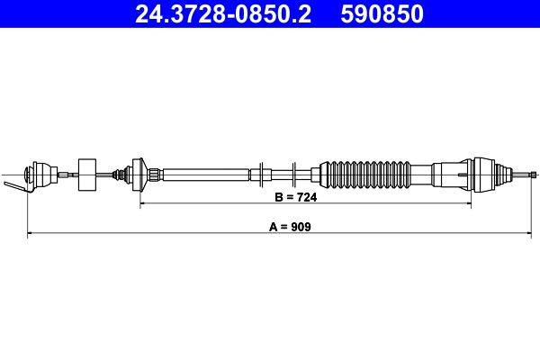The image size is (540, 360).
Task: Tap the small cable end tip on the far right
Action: tap(533, 172)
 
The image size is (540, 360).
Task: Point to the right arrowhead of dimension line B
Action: tap(468, 204)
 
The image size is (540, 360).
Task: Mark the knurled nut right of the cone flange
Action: tap(155, 171)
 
